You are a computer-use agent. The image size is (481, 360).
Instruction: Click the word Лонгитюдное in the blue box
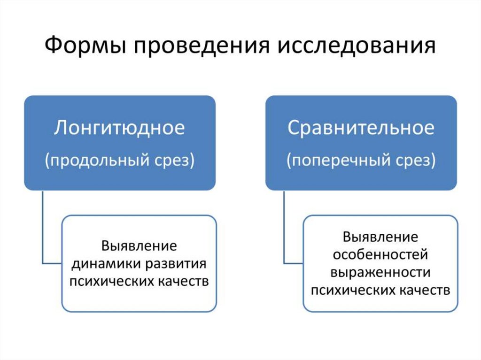click(119, 128)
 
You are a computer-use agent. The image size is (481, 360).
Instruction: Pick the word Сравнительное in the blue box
click(361, 128)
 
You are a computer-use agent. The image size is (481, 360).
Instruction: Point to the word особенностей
click(380, 254)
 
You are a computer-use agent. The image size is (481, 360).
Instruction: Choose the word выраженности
click(380, 272)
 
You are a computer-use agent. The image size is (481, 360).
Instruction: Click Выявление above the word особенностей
click(380, 237)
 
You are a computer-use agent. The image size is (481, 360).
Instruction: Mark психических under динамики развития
click(104, 281)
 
